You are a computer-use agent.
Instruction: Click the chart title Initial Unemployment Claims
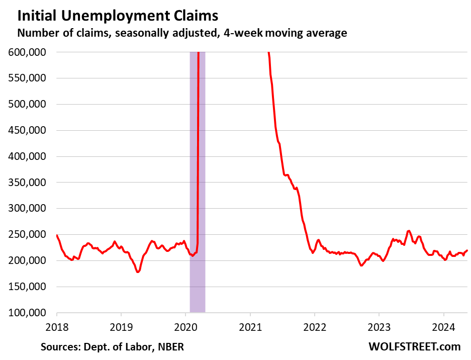pos(118,16)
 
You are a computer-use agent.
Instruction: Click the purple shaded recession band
pos(197,201)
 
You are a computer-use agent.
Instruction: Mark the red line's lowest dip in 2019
pos(138,272)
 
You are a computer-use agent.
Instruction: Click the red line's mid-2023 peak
pos(409,231)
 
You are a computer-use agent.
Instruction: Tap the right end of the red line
pos(467,250)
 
